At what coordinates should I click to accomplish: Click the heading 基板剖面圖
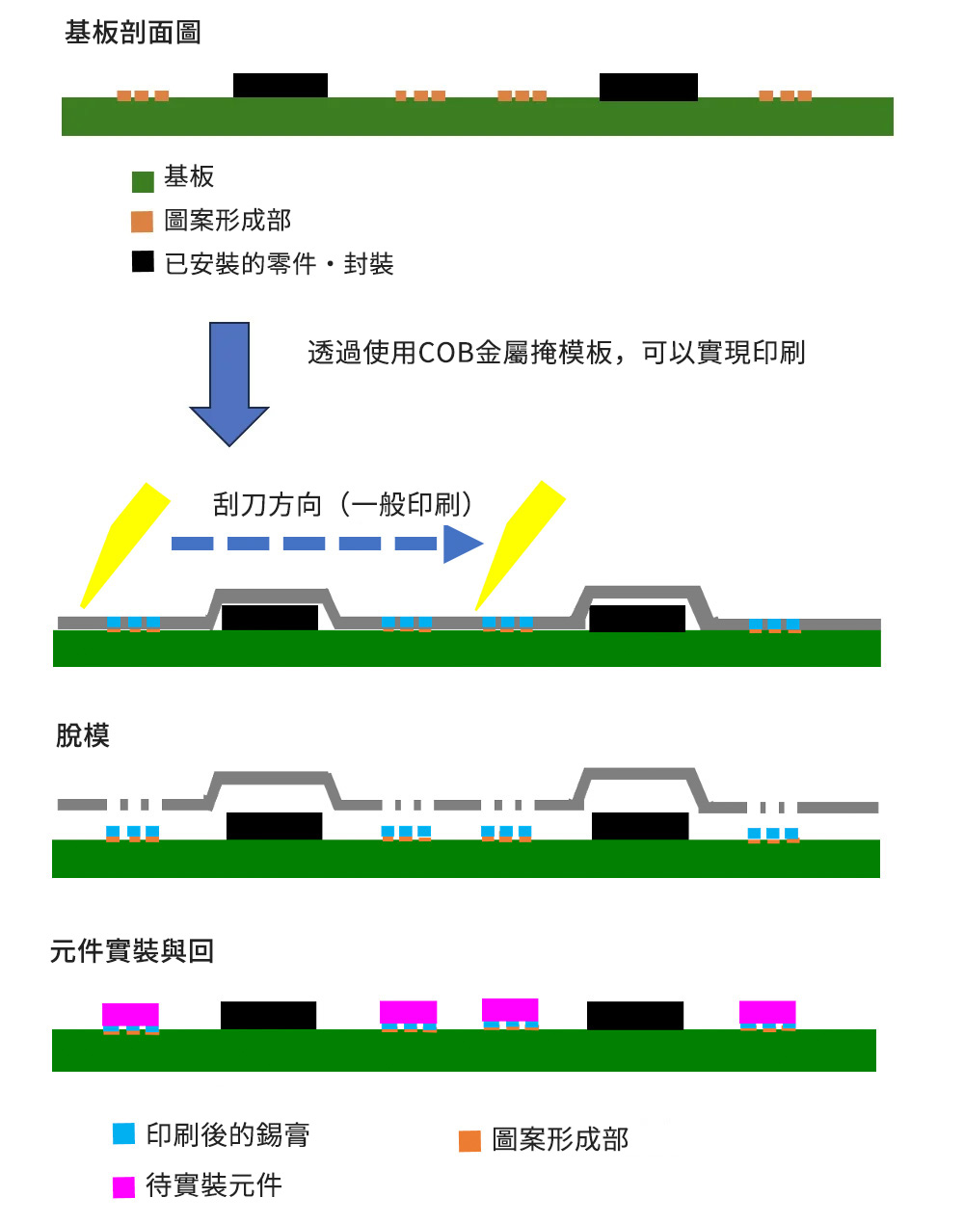pos(133,33)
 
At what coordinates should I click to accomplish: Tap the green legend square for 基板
pos(143,182)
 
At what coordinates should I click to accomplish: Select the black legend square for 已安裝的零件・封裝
pos(143,261)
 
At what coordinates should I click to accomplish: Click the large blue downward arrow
pos(229,384)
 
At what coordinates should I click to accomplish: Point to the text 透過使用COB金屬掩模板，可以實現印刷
pos(556,353)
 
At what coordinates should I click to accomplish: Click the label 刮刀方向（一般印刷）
pos(342,504)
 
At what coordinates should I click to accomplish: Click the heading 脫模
pos(83,735)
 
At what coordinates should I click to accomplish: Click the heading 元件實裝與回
pos(132,950)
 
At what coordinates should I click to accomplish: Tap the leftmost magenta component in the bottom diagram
pos(130,1015)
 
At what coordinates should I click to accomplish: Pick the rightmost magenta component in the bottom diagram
pos(767,1012)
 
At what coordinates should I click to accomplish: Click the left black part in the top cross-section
pos(281,86)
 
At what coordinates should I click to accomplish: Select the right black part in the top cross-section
pos(649,87)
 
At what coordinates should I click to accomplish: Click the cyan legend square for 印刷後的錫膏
pos(123,1133)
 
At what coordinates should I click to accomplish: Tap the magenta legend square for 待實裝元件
pos(123,1187)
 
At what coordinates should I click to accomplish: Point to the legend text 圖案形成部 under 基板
pos(228,221)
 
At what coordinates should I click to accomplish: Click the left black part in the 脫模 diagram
pos(275,826)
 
